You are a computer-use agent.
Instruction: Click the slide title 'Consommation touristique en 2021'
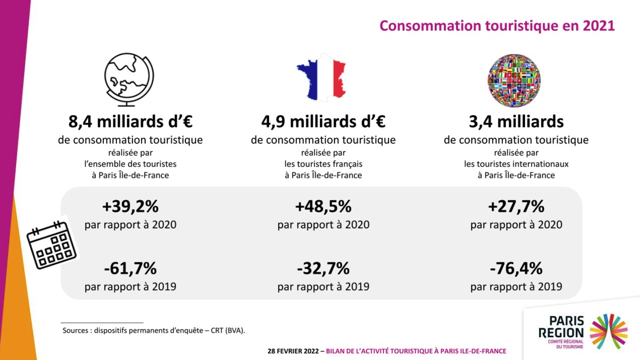[x=497, y=26]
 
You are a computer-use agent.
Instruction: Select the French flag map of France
[x=321, y=76]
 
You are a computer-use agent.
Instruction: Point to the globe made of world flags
[x=514, y=81]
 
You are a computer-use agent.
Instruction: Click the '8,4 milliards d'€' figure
[x=130, y=121]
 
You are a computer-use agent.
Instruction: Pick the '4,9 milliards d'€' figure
[x=323, y=121]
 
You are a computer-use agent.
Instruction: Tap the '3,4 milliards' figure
[x=516, y=121]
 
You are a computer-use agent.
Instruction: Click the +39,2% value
[x=130, y=207]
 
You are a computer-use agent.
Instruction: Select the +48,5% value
[x=323, y=207]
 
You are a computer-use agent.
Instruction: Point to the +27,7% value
[x=516, y=207]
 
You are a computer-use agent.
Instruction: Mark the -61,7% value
[x=130, y=269]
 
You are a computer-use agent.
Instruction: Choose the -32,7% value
[x=323, y=269]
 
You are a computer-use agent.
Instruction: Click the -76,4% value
[x=516, y=269]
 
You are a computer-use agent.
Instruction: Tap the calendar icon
[x=51, y=245]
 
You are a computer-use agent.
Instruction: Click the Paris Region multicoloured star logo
[x=609, y=331]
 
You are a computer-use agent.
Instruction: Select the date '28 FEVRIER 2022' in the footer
[x=293, y=351]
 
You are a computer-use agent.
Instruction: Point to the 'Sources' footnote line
[x=154, y=331]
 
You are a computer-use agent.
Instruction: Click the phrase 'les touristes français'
[x=323, y=164]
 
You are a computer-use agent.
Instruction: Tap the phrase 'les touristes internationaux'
[x=516, y=164]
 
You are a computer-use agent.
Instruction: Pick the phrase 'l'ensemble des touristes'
[x=130, y=164]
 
